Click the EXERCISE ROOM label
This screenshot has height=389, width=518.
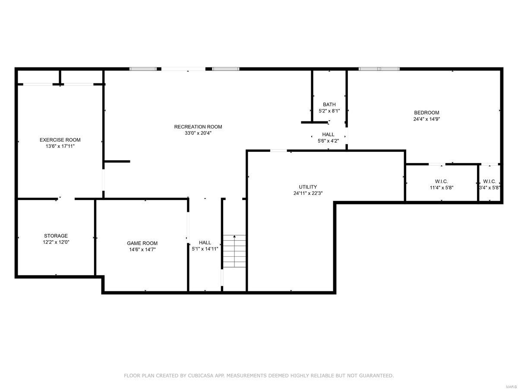coord(60,140)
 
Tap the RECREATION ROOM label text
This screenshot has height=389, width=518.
coord(198,127)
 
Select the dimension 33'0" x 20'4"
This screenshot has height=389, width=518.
coord(198,133)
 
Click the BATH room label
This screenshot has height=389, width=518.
coord(329,105)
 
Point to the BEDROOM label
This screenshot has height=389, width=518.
coord(426,113)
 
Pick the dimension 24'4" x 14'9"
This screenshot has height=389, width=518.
coord(426,119)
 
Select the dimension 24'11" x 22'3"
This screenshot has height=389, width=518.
coord(308,193)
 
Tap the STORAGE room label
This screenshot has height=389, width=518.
coord(56,236)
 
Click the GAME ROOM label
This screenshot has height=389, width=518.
coord(142,243)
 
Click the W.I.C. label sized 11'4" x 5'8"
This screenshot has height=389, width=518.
coord(441,182)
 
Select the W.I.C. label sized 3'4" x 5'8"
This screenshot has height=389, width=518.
coord(490,182)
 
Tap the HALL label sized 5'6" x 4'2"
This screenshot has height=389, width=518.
coord(328,134)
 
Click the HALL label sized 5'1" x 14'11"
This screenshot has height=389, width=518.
coord(205,242)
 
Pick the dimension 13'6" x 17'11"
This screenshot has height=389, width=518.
coord(60,146)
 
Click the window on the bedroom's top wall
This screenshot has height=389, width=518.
coord(379,69)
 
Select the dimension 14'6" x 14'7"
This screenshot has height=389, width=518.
coord(142,249)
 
